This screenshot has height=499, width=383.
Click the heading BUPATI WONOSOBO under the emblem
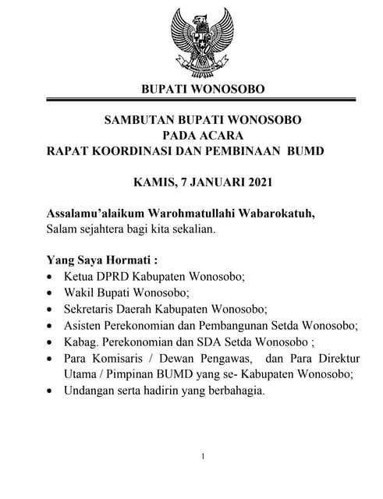point(202,89)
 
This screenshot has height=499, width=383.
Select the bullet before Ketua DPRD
point(51,278)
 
